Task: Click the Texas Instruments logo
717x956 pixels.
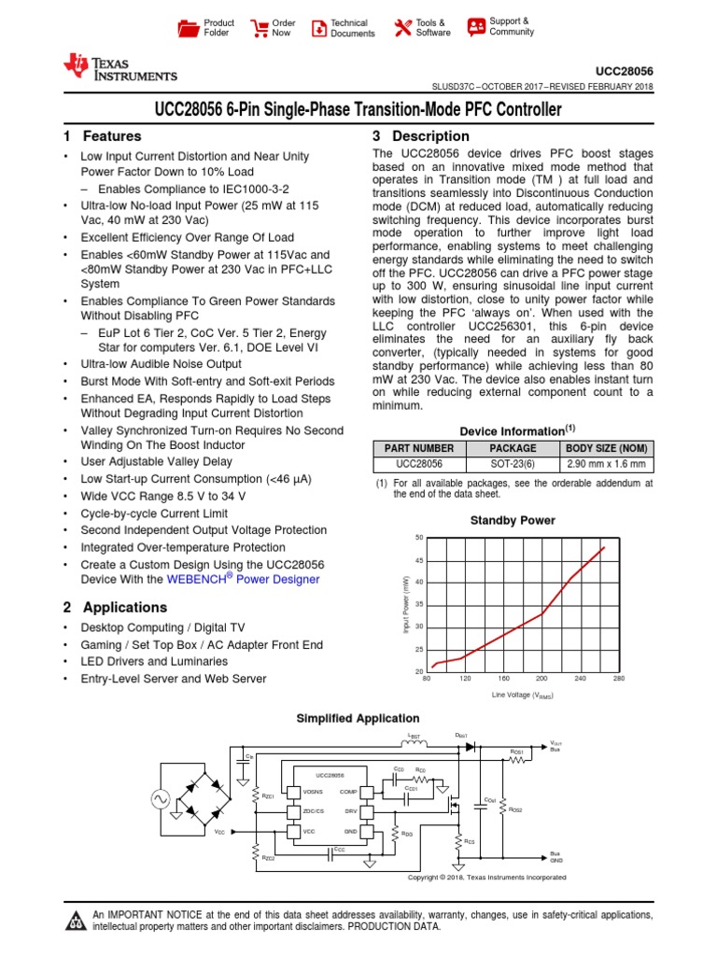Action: (119, 66)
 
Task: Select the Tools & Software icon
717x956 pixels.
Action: (402, 28)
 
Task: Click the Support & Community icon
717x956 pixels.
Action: (476, 26)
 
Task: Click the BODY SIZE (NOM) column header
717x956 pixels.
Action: (606, 449)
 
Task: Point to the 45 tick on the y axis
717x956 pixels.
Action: (419, 560)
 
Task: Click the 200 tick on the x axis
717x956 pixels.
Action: (541, 679)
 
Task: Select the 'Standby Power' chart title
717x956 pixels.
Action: (512, 520)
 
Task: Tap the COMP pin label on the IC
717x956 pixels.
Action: (350, 791)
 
